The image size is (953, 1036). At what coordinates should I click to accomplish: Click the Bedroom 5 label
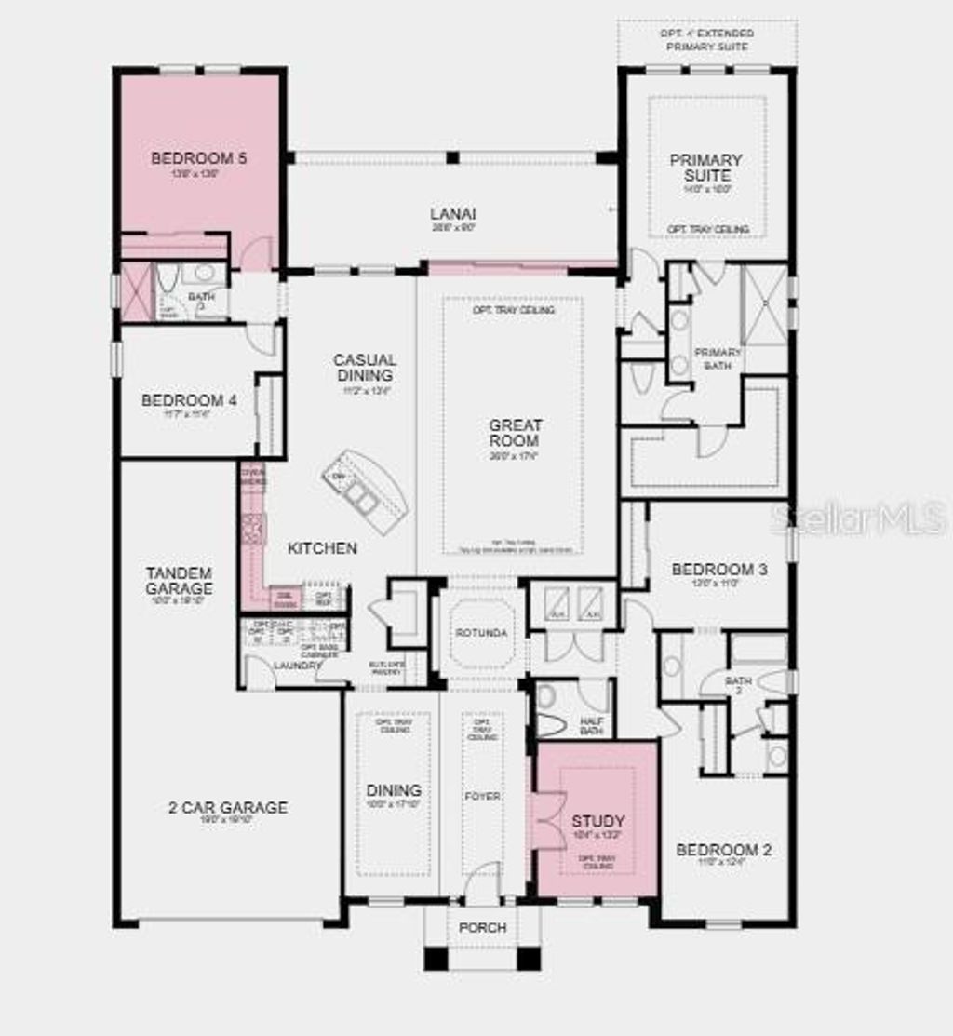tap(199, 158)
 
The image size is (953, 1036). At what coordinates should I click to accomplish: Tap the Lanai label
tap(453, 213)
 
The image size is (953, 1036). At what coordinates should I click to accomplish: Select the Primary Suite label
tap(706, 168)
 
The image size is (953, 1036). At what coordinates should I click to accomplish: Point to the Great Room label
tap(516, 433)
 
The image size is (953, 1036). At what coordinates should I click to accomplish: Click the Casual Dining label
tap(366, 367)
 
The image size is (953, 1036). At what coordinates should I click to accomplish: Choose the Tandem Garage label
tap(179, 580)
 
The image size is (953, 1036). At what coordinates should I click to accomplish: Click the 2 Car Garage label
tap(228, 807)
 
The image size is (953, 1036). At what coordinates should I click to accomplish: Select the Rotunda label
tap(481, 633)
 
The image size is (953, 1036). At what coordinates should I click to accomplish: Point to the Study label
tap(598, 821)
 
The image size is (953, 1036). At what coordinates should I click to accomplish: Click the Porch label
tap(483, 927)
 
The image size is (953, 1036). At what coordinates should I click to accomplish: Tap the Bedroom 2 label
tap(723, 850)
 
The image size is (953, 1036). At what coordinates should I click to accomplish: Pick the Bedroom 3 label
tap(719, 569)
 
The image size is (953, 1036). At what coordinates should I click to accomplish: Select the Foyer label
tap(482, 796)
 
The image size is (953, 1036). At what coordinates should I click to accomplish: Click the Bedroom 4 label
tap(189, 400)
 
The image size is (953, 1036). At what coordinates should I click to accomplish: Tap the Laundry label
tap(297, 665)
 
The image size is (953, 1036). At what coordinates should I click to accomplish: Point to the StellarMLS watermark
tap(858, 518)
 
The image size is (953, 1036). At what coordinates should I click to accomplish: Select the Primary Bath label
tap(718, 358)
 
